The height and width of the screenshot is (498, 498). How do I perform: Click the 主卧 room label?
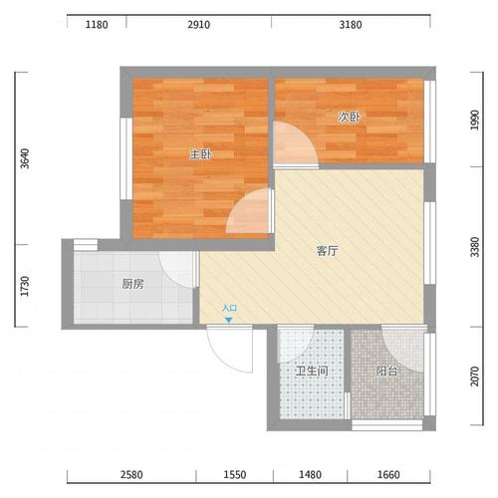click(201, 154)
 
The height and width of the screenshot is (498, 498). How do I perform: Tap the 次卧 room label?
click(349, 117)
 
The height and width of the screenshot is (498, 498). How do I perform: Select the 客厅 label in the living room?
click(327, 251)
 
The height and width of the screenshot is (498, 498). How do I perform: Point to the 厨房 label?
click(132, 284)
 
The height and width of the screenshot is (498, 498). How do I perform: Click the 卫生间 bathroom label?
click(312, 371)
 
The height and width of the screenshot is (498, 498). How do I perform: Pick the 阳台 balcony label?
click(386, 371)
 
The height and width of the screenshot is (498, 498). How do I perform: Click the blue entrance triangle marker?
click(229, 320)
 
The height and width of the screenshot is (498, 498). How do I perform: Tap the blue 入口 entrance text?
click(229, 308)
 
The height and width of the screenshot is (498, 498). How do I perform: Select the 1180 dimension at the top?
click(97, 25)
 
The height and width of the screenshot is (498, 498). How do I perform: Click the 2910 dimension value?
click(198, 25)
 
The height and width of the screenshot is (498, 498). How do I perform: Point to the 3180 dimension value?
click(351, 25)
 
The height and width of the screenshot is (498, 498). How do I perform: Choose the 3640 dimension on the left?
click(25, 158)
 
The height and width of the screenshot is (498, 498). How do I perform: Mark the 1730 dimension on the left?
click(25, 286)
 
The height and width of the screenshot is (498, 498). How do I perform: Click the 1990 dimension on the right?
click(475, 120)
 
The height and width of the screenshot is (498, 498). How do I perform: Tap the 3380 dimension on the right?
click(475, 247)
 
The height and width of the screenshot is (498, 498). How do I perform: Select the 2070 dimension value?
click(475, 376)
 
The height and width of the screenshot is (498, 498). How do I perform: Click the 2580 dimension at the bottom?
click(131, 475)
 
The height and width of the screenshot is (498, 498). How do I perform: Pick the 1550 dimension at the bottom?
click(235, 475)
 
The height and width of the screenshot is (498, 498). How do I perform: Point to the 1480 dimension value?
click(310, 475)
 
